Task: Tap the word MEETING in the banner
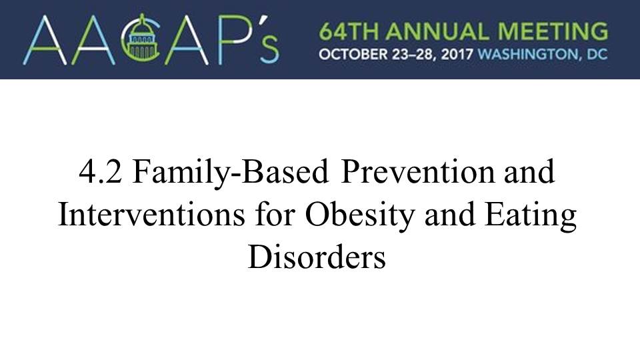click(553, 32)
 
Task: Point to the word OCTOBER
click(353, 54)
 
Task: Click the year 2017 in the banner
click(457, 54)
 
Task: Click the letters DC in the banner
click(597, 54)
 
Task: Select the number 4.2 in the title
click(100, 172)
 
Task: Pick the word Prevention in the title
click(417, 172)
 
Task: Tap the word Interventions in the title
click(151, 215)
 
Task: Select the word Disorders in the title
click(317, 257)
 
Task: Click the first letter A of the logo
click(45, 40)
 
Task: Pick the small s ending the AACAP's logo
click(269, 50)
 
